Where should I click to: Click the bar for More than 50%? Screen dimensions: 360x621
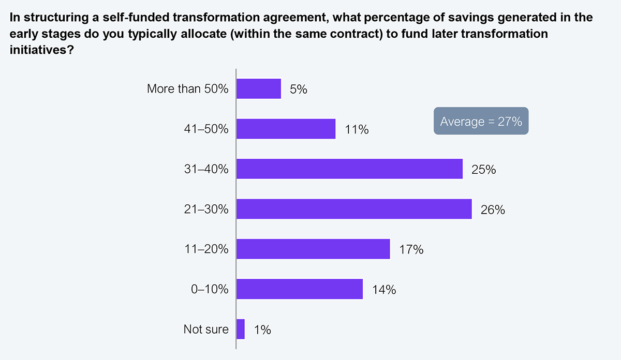click(259, 88)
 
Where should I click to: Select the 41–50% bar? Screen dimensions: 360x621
click(286, 129)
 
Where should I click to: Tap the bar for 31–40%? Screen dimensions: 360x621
click(349, 169)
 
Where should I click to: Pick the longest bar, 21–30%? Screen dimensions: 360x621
click(354, 209)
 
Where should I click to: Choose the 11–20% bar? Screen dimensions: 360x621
click(313, 249)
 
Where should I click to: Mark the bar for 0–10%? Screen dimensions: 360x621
click(300, 289)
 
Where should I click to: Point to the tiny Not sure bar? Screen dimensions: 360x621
click(241, 329)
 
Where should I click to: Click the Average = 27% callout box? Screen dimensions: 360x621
click(481, 122)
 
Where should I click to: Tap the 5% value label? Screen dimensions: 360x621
click(299, 89)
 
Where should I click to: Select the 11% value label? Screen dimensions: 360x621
click(357, 130)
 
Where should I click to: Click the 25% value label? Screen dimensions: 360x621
click(483, 170)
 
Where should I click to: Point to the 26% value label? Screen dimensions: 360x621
click(493, 210)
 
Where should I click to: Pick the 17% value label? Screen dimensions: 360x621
click(411, 250)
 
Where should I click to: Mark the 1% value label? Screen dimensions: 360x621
click(262, 330)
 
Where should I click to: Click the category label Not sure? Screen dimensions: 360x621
click(206, 329)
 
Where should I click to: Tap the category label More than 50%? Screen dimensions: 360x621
click(187, 89)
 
